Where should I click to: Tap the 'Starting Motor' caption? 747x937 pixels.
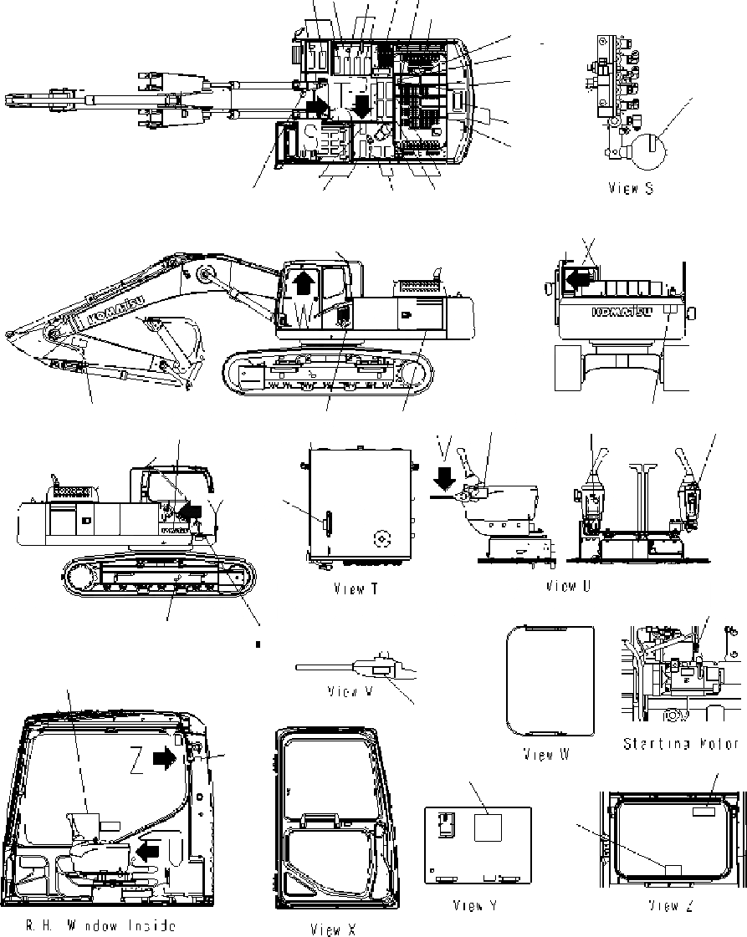(x=681, y=744)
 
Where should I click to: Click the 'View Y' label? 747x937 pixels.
(x=475, y=905)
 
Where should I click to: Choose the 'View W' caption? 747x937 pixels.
(x=546, y=755)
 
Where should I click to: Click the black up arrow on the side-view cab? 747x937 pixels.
(x=304, y=284)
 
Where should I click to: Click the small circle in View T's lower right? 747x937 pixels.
(x=381, y=541)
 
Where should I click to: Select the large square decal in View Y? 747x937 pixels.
(x=488, y=828)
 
